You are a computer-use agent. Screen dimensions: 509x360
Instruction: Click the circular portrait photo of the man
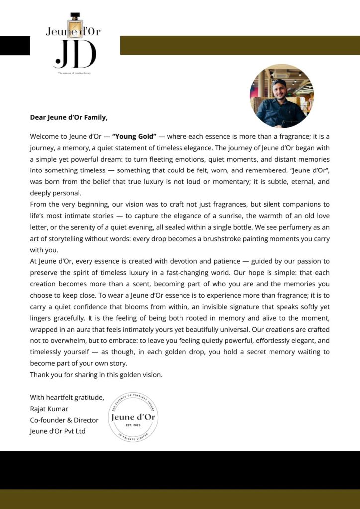281,96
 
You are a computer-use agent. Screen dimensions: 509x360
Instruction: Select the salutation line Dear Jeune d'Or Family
69,118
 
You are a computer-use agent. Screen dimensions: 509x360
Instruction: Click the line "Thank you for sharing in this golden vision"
96,375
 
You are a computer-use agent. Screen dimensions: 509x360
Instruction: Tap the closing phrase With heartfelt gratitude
67,397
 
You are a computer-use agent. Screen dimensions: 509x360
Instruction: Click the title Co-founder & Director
64,420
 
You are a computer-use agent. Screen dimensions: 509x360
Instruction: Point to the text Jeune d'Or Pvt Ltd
57,431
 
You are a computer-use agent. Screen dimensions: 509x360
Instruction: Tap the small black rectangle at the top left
15,46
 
